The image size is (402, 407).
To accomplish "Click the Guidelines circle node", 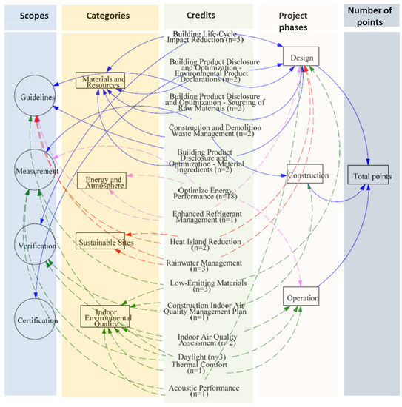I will click(x=34, y=98).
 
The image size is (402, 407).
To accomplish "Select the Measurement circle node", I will click(x=35, y=171).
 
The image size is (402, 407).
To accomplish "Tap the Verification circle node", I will click(x=34, y=245).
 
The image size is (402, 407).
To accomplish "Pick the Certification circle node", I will click(x=34, y=320).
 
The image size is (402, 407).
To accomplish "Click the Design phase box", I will click(x=301, y=57).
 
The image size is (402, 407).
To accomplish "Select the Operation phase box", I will click(x=301, y=297).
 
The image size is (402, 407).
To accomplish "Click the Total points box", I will click(x=368, y=177).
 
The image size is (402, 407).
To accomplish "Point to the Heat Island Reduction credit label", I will click(x=205, y=244).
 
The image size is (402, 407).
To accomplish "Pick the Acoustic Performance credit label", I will click(x=204, y=390).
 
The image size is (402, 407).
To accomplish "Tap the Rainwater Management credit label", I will click(x=205, y=266).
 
